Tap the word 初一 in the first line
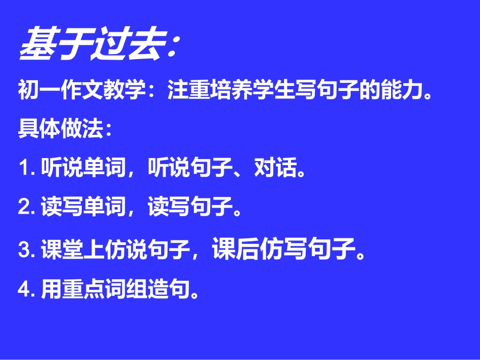pos(39,91)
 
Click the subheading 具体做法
pos(61,129)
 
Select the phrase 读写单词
pos(83,208)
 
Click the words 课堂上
pos(73,250)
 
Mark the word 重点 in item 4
pos(83,289)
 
